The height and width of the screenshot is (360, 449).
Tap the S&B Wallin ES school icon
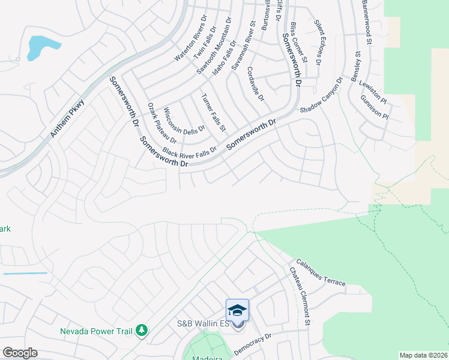pos(237,310)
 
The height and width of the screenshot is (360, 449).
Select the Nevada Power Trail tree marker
pos(142,330)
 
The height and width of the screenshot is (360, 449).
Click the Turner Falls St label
pos(213,112)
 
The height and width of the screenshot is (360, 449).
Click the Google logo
pos(20,353)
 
